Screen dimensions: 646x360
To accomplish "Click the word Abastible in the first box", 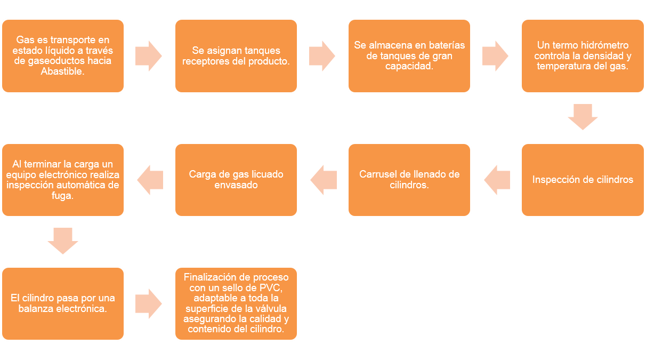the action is pyautogui.click(x=62, y=71).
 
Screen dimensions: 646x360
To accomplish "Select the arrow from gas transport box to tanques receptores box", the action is pyautogui.click(x=149, y=56).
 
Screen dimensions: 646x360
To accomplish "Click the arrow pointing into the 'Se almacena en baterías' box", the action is pyautogui.click(x=322, y=56).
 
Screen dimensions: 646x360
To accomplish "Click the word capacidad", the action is pyautogui.click(x=409, y=66).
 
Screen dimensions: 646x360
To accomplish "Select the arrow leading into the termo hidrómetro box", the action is pyautogui.click(x=495, y=56).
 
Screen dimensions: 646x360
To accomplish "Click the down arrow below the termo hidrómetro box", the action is pyautogui.click(x=583, y=117).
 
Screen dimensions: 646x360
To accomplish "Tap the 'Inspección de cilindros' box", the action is pyautogui.click(x=583, y=180).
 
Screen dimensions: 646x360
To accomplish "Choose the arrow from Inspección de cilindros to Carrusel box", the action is pyautogui.click(x=497, y=180).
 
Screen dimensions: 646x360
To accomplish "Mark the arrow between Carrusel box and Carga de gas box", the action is pyautogui.click(x=324, y=180).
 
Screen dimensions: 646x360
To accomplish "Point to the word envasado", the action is pyautogui.click(x=236, y=185).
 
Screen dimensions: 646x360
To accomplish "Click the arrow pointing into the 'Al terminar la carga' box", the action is pyautogui.click(x=150, y=180).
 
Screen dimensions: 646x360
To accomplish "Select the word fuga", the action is pyautogui.click(x=62, y=196).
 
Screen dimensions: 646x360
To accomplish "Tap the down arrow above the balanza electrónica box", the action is pyautogui.click(x=63, y=241).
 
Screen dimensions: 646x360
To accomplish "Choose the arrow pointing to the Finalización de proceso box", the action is pyautogui.click(x=149, y=303).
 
